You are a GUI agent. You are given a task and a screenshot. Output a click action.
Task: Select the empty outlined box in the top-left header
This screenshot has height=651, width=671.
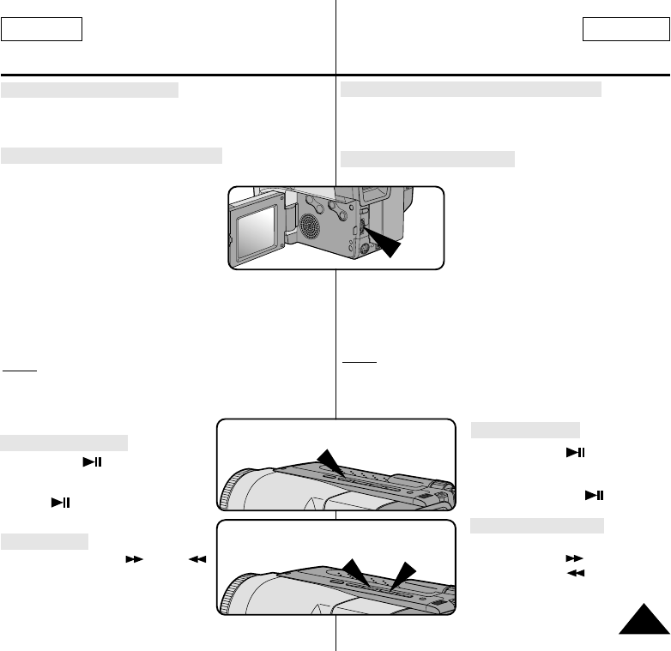41,31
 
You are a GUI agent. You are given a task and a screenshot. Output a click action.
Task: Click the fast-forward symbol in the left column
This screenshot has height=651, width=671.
134,558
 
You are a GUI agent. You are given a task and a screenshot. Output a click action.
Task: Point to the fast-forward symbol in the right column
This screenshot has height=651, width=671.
569,558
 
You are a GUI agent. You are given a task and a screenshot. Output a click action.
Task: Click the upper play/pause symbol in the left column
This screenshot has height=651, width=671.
93,461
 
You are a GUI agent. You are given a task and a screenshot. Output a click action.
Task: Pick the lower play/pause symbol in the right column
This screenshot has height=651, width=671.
592,495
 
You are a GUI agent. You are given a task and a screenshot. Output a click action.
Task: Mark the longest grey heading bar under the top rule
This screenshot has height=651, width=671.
471,90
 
